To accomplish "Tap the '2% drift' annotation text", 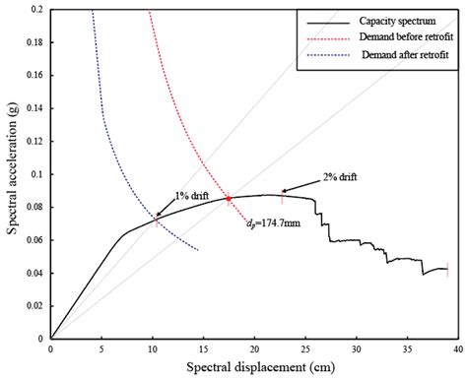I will (x=339, y=177).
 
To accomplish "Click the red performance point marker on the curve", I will (x=229, y=198).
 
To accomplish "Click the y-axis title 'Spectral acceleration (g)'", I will (x=12, y=172).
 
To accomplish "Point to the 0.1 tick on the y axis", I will (x=36, y=173).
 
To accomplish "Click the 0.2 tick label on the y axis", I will (x=36, y=9).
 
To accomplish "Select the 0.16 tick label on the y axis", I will (x=33, y=75).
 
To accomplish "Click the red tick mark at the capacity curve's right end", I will (x=448, y=269).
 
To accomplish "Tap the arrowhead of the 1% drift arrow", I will (x=155, y=216).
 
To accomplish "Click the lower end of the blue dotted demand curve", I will (x=198, y=249).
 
